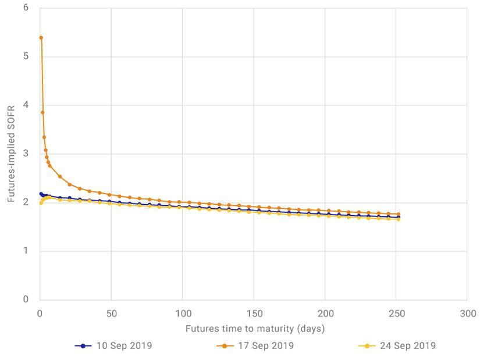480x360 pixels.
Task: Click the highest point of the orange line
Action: pyautogui.click(x=41, y=38)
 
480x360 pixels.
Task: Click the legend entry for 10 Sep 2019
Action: pyautogui.click(x=113, y=345)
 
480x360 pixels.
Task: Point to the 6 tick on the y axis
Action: pyautogui.click(x=26, y=8)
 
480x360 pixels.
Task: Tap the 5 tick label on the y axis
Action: pyautogui.click(x=26, y=57)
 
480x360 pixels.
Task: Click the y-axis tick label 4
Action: pyautogui.click(x=26, y=105)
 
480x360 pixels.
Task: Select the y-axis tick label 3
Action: pyautogui.click(x=26, y=154)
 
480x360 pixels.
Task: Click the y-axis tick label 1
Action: pyautogui.click(x=26, y=251)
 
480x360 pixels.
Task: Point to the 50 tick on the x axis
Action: pyautogui.click(x=111, y=313)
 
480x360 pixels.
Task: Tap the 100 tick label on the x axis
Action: pyautogui.click(x=182, y=313)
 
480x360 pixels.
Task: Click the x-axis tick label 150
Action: pyautogui.click(x=254, y=313)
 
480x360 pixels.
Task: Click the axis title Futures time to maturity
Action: pyautogui.click(x=255, y=329)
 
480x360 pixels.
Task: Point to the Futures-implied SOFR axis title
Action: pyautogui.click(x=11, y=154)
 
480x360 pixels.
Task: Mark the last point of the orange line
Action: pyautogui.click(x=399, y=214)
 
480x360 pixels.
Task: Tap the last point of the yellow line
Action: pyautogui.click(x=399, y=219)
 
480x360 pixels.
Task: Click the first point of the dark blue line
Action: pyautogui.click(x=41, y=194)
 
